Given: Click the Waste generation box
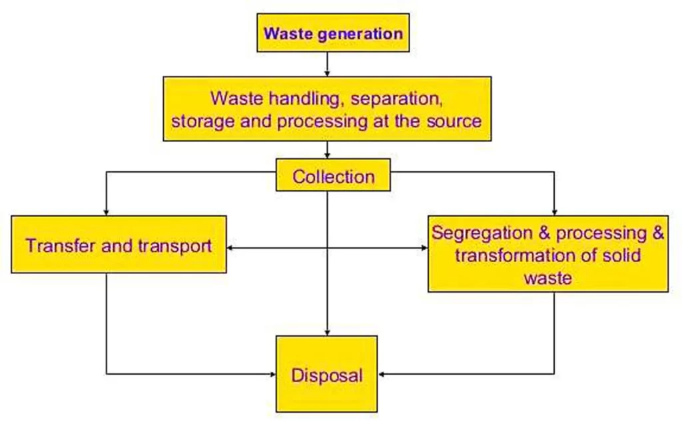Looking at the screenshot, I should [333, 33].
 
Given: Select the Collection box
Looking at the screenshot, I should [333, 177].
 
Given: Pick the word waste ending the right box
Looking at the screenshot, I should [548, 277].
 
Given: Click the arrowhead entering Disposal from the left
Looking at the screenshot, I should [273, 374].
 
